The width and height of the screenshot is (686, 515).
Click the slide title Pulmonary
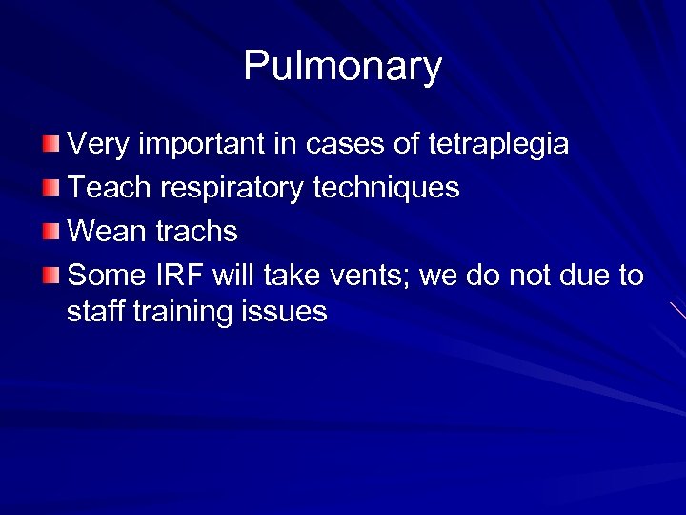point(343,66)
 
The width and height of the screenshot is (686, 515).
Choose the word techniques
point(386,188)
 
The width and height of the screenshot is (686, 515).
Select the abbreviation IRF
point(178,276)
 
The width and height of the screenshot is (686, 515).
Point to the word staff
point(92,311)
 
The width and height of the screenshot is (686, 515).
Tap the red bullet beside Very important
point(51,144)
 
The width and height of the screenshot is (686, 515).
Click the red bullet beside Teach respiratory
point(51,188)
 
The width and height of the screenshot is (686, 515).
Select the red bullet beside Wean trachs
point(51,232)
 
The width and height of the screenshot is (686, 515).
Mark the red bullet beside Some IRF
point(51,276)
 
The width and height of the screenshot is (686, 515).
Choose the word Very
point(100,145)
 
